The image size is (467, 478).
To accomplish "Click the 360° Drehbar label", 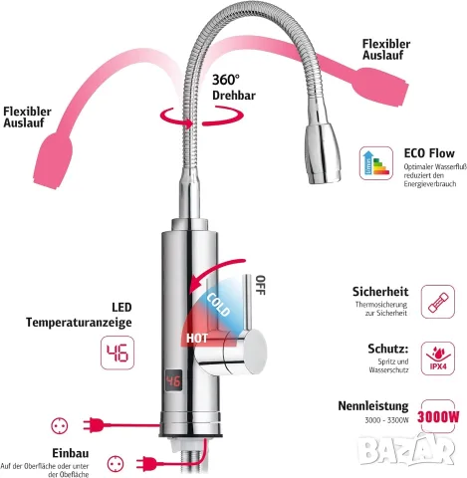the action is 234,88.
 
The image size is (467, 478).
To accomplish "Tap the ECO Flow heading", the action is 429,153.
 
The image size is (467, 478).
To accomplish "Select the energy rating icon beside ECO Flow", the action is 376,163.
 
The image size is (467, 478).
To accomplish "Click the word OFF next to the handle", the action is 261,285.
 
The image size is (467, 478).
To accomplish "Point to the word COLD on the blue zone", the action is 218,305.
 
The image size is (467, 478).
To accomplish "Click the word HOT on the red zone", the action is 197,339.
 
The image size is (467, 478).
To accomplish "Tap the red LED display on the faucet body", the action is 173,380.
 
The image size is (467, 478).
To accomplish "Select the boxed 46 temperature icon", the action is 117,353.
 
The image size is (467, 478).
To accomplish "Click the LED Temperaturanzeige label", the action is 79,315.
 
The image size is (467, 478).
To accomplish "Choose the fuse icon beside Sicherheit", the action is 438,302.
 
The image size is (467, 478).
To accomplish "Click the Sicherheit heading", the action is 380,292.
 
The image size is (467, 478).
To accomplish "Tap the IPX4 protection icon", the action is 438,358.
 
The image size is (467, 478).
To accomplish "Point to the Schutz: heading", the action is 388,349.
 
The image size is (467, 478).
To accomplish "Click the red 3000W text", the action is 438,416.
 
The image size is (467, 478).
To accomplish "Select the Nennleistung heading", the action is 373,406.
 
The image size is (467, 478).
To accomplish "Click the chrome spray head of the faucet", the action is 323,153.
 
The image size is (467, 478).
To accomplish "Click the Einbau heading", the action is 71,453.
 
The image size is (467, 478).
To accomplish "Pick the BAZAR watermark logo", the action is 407,449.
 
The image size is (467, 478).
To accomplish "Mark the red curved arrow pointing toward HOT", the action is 212,271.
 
